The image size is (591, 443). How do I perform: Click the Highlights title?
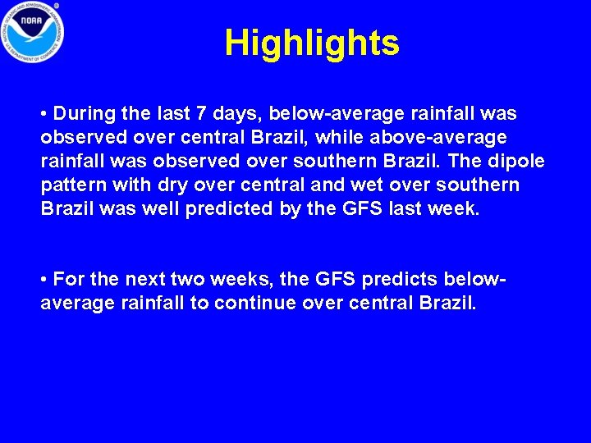312,43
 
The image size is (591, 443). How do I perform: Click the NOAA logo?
32,33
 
